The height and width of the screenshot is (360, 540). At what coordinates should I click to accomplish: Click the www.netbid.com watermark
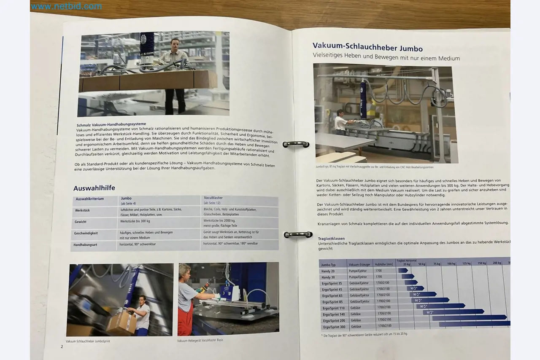(66, 6)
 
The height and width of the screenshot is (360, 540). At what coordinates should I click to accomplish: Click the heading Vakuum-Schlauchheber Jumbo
(367, 48)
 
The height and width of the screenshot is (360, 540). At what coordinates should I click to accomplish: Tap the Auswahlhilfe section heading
(94, 188)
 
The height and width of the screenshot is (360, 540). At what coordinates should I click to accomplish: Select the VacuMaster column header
(213, 198)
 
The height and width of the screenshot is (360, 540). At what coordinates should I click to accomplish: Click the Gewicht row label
(81, 221)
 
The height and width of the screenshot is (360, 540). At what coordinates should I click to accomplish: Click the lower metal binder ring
(298, 234)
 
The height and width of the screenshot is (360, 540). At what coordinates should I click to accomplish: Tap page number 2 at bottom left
(62, 347)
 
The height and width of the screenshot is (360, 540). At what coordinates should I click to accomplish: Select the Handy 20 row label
(328, 271)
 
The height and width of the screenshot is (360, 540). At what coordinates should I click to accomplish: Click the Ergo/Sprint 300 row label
(333, 327)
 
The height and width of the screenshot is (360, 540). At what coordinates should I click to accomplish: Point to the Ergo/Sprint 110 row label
(333, 308)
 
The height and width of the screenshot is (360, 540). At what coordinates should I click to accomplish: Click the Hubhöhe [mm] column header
(383, 264)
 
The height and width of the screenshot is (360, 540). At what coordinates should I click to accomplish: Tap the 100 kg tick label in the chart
(451, 263)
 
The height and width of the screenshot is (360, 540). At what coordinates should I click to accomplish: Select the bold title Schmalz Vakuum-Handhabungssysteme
(111, 125)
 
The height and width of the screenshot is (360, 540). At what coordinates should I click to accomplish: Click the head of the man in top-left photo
(175, 43)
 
